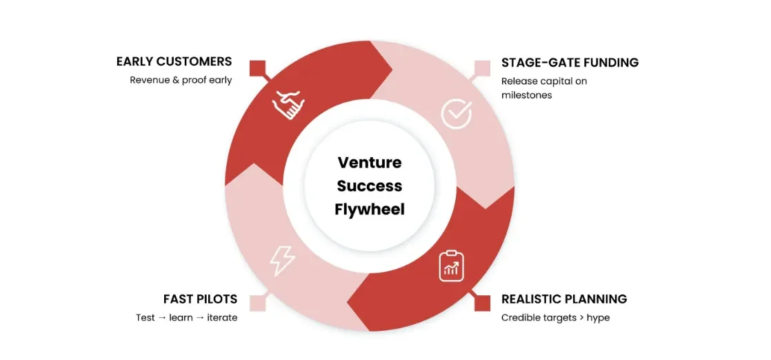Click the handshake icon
[288, 104]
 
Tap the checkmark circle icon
[456, 113]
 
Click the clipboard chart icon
[452, 266]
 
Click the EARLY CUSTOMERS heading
[174, 61]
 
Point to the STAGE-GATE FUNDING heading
[570, 63]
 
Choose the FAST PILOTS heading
[200, 299]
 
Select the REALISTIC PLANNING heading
[564, 299]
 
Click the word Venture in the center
[370, 163]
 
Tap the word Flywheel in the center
[370, 209]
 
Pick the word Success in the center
[370, 186]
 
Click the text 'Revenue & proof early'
[181, 80]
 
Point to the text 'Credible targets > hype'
[555, 318]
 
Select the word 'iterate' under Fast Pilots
[222, 318]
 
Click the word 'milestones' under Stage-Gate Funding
[527, 95]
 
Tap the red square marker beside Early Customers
[258, 68]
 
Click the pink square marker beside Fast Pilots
[258, 302]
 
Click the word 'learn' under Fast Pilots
[182, 318]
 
